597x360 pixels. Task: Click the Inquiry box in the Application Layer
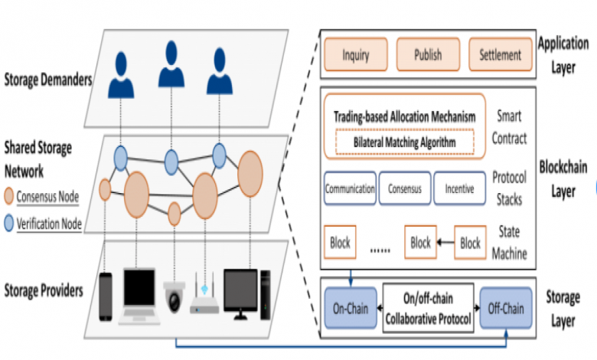coord(357,54)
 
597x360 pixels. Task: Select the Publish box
coord(427,54)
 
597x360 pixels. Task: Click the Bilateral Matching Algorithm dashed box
coord(404,142)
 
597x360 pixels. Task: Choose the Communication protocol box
coord(350,188)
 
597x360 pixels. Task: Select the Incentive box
coord(458,188)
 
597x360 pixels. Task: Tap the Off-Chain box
coord(504,309)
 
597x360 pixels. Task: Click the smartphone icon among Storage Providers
coord(106,292)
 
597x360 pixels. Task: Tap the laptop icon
coord(139,293)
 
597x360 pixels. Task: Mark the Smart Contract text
coord(509,127)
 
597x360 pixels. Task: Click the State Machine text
coord(509,242)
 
